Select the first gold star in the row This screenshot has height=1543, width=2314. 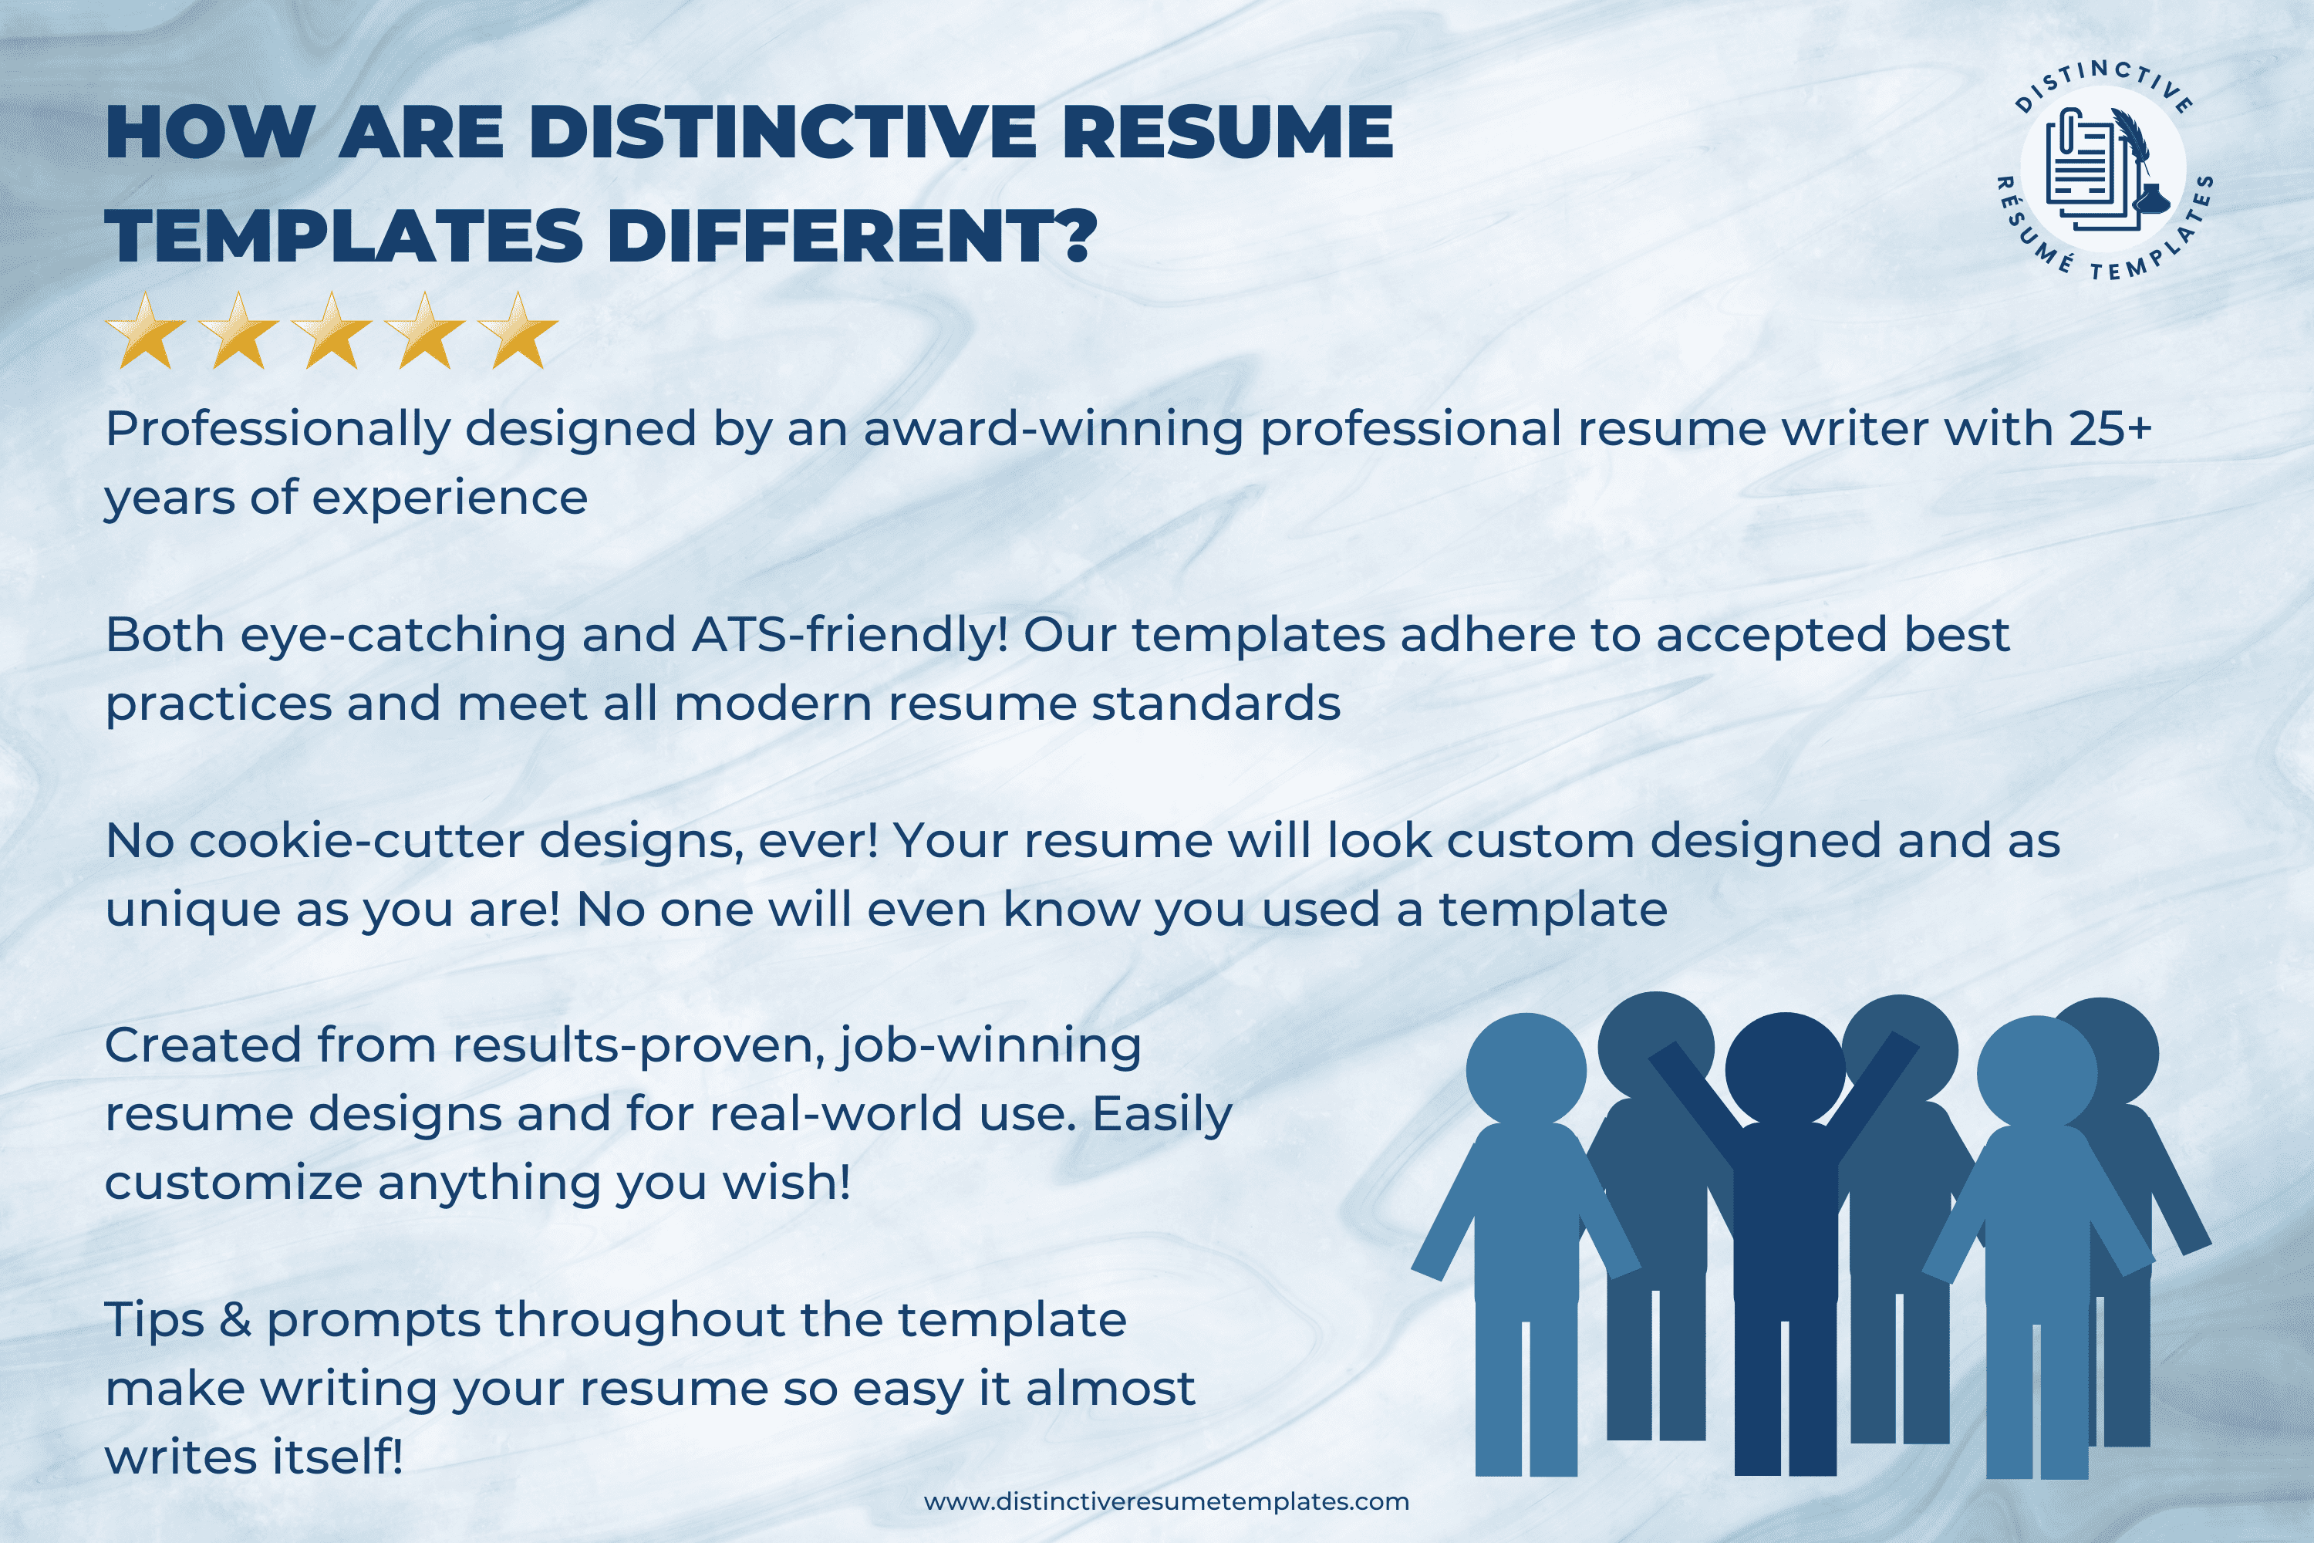tap(146, 331)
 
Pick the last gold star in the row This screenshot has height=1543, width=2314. tap(518, 331)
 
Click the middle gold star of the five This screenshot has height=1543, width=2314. tap(332, 331)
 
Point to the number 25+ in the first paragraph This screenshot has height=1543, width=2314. tap(2110, 429)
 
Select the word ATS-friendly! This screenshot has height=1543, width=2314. tap(850, 636)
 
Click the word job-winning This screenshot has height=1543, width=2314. tap(990, 1047)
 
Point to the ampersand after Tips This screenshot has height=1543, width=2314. tap(236, 1321)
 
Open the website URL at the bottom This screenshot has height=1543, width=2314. tap(1165, 1501)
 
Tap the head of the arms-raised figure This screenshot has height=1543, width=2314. tap(1785, 1071)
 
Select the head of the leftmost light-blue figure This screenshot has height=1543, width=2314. tap(1526, 1072)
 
